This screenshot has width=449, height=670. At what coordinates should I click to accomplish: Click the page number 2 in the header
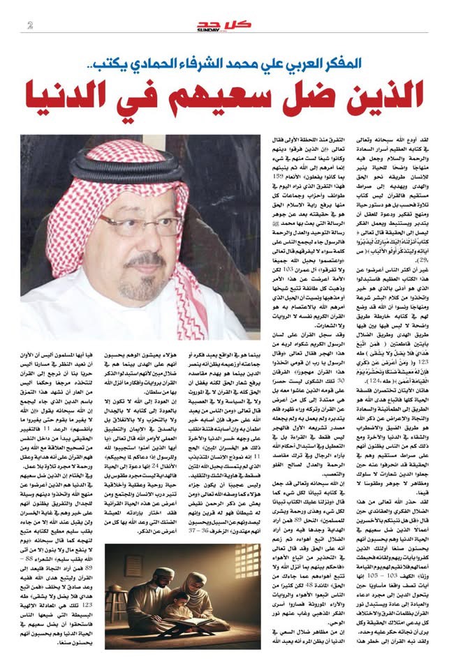(29, 26)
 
